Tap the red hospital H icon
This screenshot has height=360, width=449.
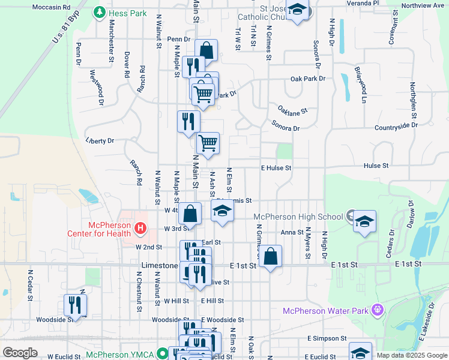click(x=140, y=227)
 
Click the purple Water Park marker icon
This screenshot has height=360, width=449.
click(x=377, y=310)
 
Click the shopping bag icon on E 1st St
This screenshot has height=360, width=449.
click(x=271, y=256)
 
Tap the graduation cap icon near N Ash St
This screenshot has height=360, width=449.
click(x=222, y=211)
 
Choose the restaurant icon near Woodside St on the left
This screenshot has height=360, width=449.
click(x=75, y=305)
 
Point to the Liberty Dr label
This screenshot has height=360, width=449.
click(x=100, y=141)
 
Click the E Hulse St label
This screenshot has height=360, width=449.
click(x=276, y=168)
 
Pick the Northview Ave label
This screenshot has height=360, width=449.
click(x=423, y=5)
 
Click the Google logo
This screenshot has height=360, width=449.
click(x=20, y=353)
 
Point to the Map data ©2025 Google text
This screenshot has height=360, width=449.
click(x=411, y=355)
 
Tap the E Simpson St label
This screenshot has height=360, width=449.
click(x=327, y=338)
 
